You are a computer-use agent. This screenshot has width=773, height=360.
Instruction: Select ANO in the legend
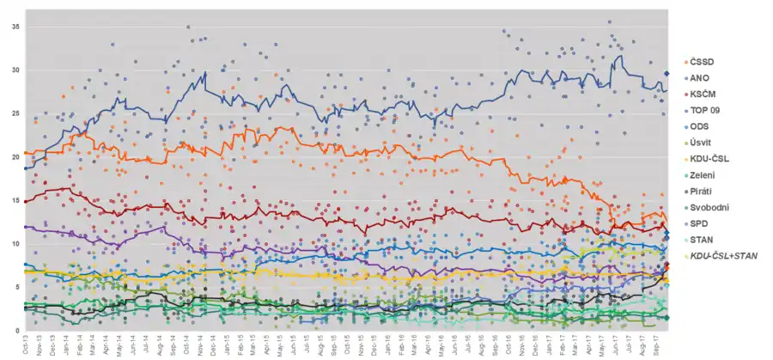700,78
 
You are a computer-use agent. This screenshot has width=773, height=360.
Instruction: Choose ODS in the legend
700,127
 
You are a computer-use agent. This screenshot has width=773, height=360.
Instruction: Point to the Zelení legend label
703,175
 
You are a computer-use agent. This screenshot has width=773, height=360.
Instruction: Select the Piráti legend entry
702,192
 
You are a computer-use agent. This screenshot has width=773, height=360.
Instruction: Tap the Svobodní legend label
708,207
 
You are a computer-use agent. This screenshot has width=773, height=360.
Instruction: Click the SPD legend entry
700,223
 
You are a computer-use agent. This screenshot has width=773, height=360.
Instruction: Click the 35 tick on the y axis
15,27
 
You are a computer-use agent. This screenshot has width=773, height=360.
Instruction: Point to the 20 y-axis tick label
15,157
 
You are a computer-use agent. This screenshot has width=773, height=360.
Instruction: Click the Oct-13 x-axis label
27,345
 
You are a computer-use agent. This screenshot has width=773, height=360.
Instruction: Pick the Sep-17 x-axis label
655,345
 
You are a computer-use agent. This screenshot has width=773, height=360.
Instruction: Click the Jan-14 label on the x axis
67,345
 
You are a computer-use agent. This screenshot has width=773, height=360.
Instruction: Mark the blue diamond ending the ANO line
666,74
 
